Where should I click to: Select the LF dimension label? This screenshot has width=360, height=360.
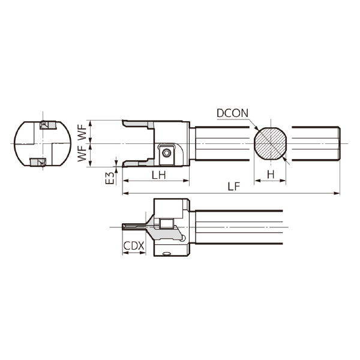coord(233,187)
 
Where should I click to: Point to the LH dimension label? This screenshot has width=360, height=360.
coord(158,174)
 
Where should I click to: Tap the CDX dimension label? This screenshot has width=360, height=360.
coord(133,247)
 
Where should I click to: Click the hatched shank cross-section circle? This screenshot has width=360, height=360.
coord(270,144)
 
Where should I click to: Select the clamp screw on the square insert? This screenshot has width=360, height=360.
coord(166,153)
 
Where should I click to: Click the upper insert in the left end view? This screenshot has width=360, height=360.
coord(46,125)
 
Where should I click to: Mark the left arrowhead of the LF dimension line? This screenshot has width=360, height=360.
coord(124,193)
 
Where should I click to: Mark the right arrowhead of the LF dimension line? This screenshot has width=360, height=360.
coord(338,193)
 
